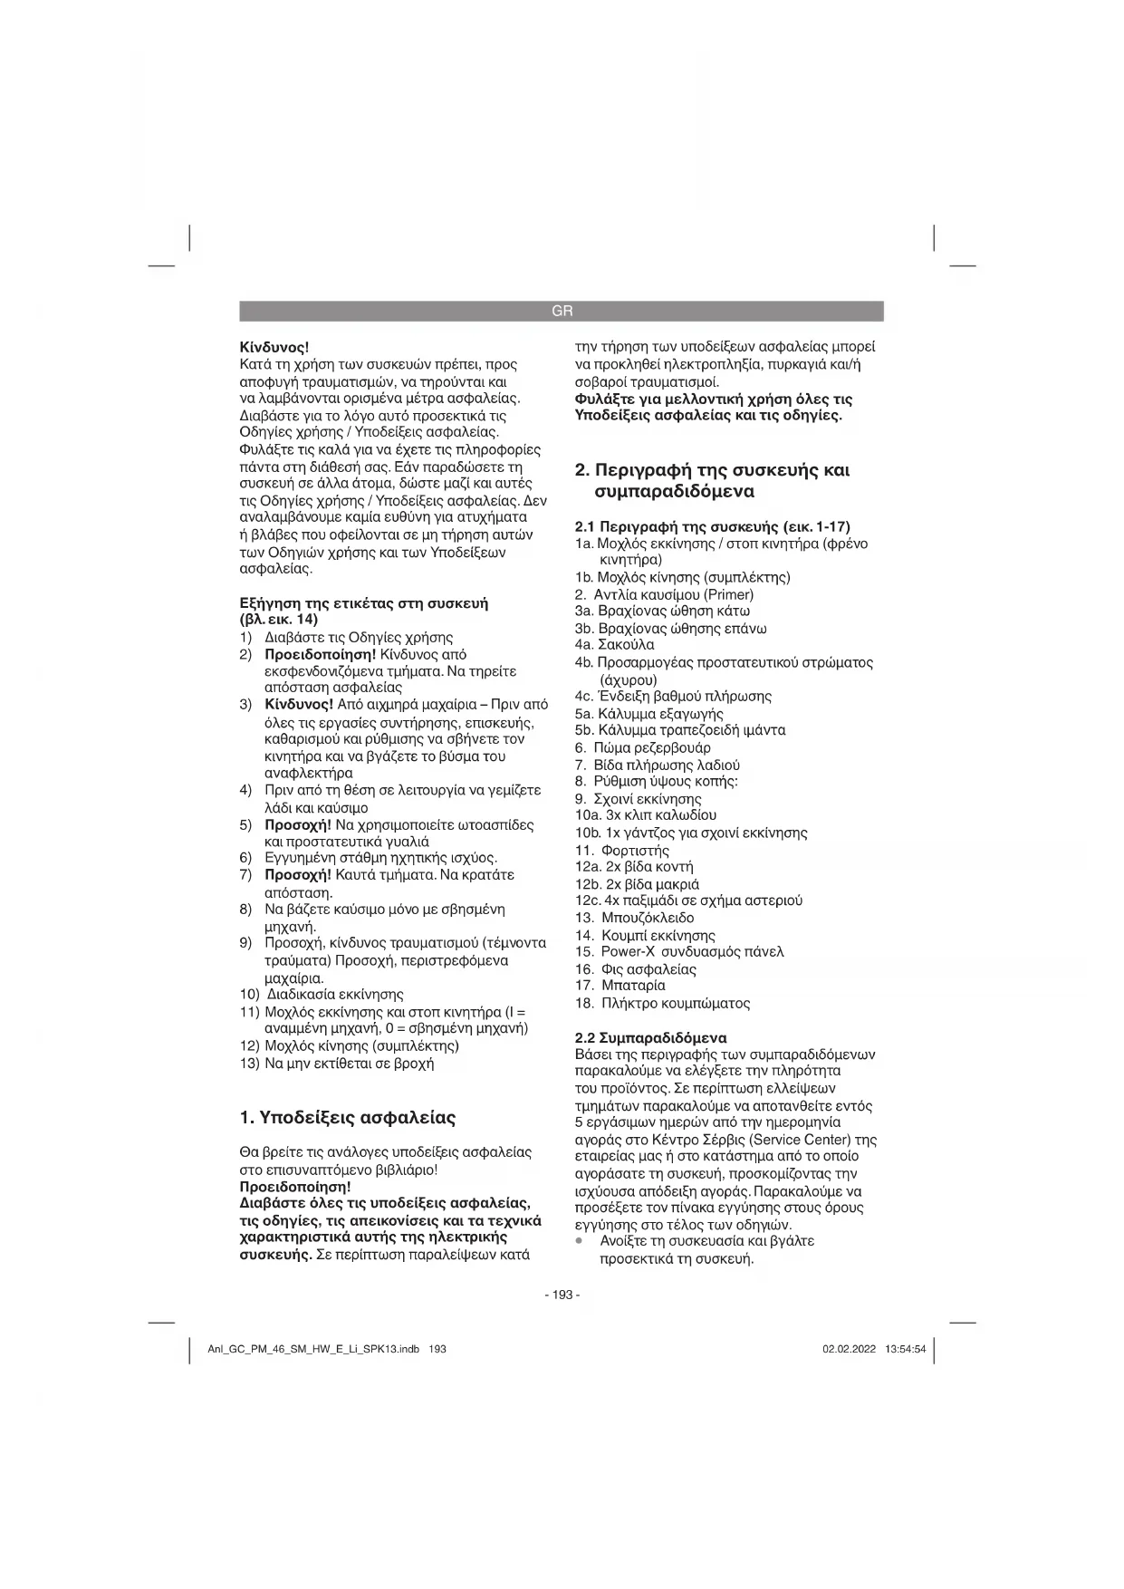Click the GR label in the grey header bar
(562, 312)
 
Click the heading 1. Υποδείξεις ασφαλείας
(348, 1118)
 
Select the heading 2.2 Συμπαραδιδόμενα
(651, 1038)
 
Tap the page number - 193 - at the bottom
(562, 1295)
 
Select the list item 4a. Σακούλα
(614, 645)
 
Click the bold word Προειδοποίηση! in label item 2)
(320, 654)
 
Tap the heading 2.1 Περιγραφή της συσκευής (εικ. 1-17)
(713, 526)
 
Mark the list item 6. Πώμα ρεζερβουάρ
(643, 748)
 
